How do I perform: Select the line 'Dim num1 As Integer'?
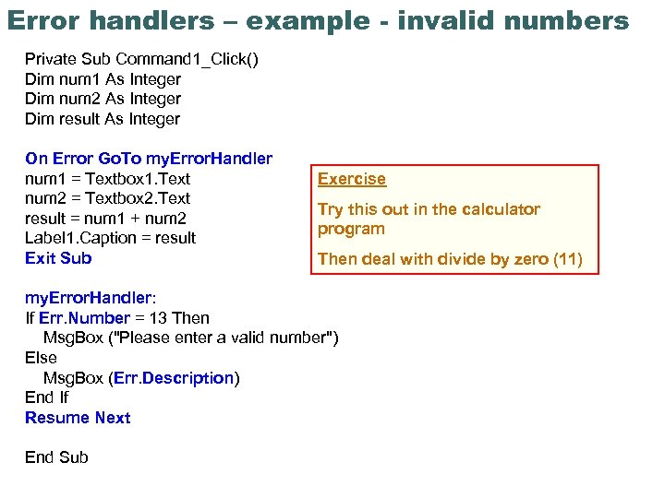click(103, 79)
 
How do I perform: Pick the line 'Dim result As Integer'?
click(103, 119)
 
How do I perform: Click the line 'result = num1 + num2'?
click(105, 219)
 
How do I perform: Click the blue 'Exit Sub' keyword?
click(58, 258)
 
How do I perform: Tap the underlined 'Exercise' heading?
click(352, 179)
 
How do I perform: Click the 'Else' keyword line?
click(41, 358)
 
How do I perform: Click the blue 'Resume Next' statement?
click(78, 418)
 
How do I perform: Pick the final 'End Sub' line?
click(56, 457)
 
